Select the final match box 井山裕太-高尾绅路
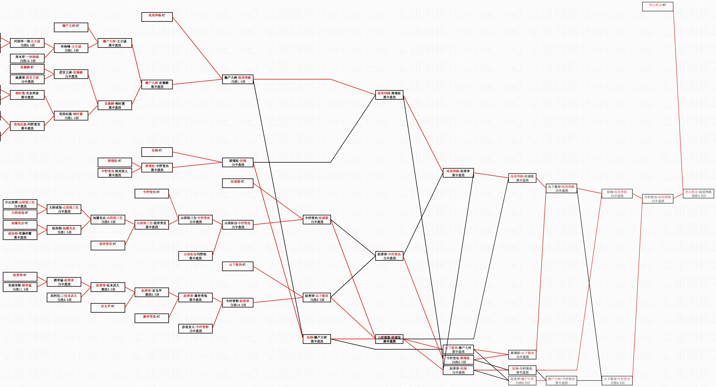(698, 194)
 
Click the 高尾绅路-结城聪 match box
(522, 178)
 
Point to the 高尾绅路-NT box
(157, 17)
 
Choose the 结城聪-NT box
(237, 183)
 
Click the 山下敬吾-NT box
(237, 266)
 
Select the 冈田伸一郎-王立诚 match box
(27, 43)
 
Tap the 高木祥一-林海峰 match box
(27, 59)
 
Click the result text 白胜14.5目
(238, 305)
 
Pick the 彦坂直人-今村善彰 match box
(195, 329)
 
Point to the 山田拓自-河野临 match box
(195, 256)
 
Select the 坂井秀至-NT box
(108, 246)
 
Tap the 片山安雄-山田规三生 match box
(20, 204)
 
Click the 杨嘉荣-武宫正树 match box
(27, 80)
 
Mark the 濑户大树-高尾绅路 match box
(237, 80)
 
